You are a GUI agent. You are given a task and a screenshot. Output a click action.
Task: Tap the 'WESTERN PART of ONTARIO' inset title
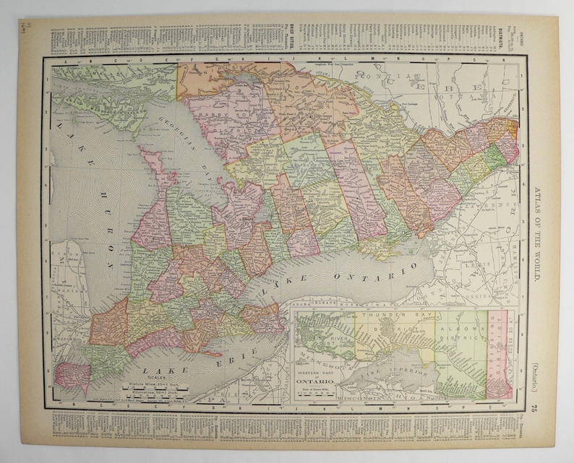(x=316, y=375)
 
